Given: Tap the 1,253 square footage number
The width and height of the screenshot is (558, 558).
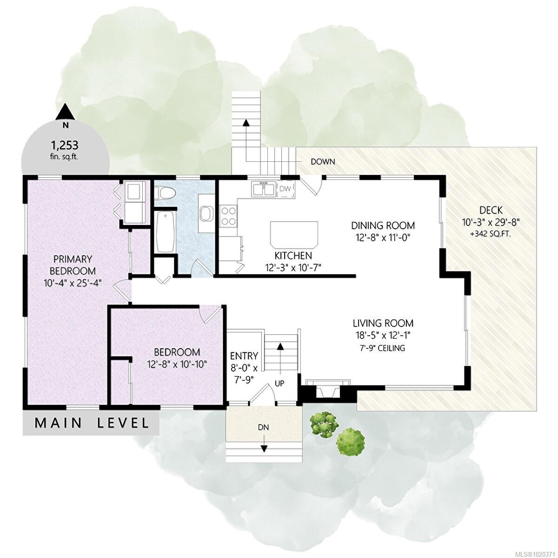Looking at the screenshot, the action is (65, 145).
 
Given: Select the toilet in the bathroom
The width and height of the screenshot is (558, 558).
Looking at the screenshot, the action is (165, 193).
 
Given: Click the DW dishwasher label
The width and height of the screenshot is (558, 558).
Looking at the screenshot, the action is (285, 189).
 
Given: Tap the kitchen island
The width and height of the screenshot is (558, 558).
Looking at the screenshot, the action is (294, 234).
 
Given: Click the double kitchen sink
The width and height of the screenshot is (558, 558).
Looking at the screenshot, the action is (263, 189).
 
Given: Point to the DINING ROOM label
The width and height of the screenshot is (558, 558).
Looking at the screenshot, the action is (383, 225).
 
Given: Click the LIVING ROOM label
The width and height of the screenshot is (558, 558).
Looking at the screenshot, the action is (383, 323).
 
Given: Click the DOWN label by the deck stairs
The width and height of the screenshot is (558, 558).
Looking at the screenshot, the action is (323, 162).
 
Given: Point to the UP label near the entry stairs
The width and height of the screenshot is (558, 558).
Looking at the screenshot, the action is (279, 383).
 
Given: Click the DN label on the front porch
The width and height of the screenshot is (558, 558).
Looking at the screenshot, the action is (264, 427).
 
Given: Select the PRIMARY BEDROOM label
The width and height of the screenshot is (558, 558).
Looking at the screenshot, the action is (73, 265).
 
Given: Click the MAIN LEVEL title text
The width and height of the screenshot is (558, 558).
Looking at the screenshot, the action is (92, 423).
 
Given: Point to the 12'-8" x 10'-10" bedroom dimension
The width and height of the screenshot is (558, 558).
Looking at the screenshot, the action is (177, 364).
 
